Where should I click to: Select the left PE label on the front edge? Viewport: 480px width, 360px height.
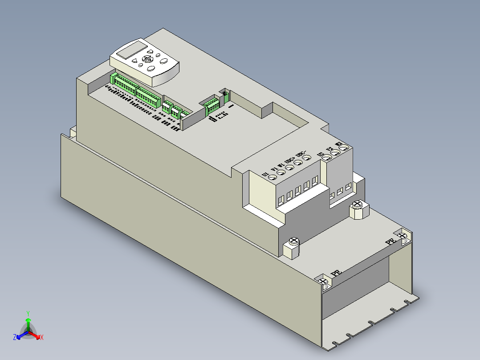[x=336, y=273]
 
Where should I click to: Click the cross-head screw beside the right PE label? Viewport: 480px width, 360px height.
[x=403, y=237]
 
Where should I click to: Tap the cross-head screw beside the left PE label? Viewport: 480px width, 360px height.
[x=323, y=281]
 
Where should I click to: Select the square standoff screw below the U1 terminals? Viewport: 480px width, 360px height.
[x=293, y=242]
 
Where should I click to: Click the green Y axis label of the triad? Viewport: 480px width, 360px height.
[x=28, y=313]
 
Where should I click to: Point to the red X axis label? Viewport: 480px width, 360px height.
[x=41, y=338]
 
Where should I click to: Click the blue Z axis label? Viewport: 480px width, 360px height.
[x=15, y=338]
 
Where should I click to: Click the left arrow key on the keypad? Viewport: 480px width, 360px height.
[x=139, y=61]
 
